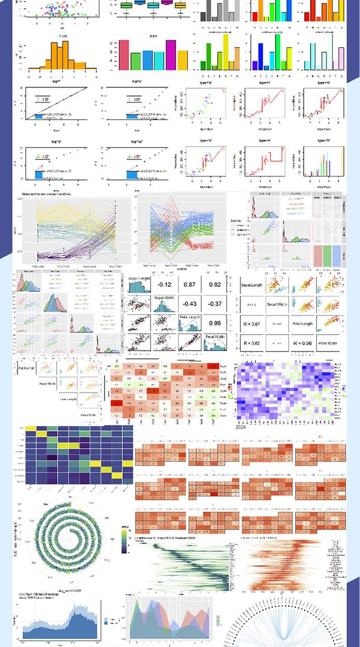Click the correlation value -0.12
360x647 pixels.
point(165,285)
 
